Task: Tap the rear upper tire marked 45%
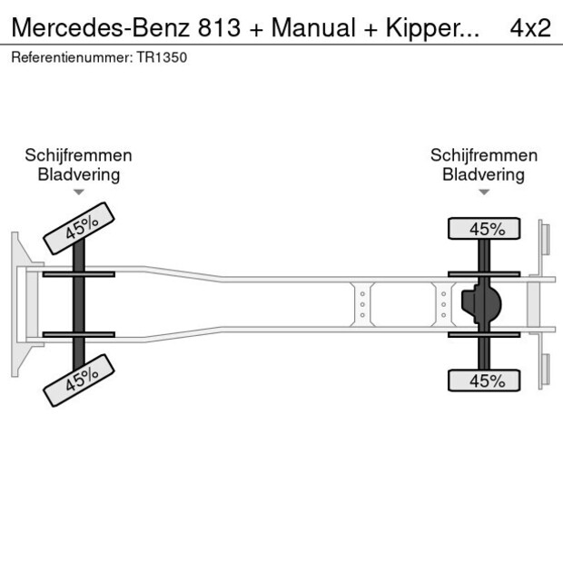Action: pos(486,229)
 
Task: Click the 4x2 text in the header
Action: pos(530,27)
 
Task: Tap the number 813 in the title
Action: pos(220,27)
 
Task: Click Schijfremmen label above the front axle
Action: pos(78,156)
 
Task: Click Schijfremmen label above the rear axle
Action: pos(484,156)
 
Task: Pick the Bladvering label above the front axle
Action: pos(78,174)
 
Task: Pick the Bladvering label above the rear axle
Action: pos(484,174)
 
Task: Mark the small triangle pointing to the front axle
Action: pos(79,192)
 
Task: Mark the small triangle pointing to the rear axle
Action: pos(484,192)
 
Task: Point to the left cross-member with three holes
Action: pos(361,304)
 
